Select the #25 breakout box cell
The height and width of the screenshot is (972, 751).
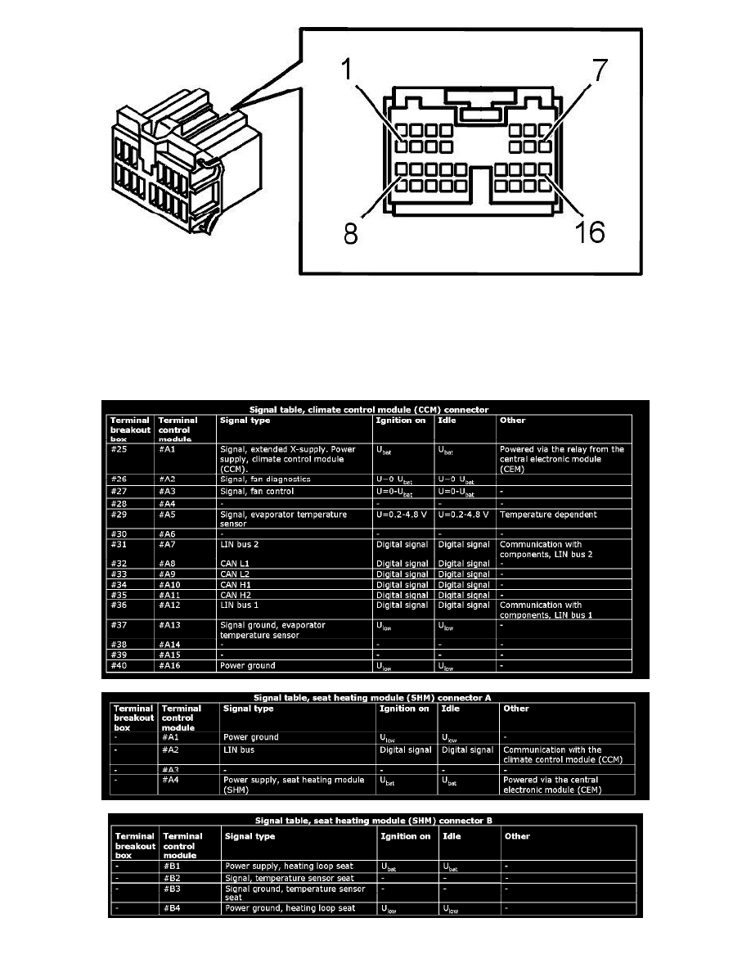120,449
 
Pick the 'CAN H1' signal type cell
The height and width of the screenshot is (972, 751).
237,585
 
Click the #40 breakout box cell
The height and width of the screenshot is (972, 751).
120,665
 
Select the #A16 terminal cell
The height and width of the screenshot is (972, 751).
170,665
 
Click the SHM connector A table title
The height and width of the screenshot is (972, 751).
373,696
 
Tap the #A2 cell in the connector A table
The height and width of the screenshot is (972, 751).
174,749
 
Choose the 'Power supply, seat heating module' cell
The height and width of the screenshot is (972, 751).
294,785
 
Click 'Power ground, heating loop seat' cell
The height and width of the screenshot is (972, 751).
290,908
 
